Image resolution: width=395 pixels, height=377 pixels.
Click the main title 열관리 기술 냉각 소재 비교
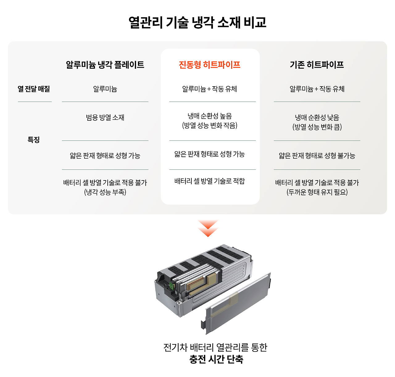197,22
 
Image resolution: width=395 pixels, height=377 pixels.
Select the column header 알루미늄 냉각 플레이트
105,65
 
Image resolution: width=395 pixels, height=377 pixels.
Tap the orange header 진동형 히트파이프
210,65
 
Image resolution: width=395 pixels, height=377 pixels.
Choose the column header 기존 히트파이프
317,65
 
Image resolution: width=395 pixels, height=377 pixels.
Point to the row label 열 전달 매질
34,89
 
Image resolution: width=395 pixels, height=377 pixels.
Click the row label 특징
34,140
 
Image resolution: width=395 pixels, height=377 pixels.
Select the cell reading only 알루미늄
105,89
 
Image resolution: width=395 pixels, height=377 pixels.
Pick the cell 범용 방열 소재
105,117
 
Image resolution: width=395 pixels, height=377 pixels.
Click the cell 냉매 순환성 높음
210,116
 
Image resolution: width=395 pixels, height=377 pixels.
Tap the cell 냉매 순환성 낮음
317,117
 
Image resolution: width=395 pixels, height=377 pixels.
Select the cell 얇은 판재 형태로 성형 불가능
317,156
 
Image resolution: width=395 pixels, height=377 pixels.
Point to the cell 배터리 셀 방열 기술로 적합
210,181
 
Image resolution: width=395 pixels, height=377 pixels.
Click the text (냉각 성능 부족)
105,192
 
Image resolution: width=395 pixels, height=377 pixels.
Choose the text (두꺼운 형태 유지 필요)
317,192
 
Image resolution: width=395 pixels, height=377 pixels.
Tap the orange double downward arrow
208,228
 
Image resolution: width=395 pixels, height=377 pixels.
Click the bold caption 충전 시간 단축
216,359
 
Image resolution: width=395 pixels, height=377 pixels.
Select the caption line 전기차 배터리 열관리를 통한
215,347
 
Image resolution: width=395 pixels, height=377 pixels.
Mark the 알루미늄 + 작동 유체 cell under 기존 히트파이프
317,89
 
